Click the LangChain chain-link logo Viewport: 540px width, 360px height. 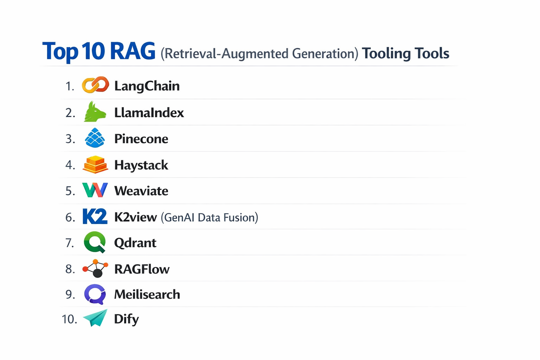[95, 85]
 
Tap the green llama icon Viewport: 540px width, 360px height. [95, 112]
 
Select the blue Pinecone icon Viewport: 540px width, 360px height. [95, 138]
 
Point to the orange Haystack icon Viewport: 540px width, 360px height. [95, 165]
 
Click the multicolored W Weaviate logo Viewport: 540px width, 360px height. [95, 190]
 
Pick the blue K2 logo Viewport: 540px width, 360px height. [95, 217]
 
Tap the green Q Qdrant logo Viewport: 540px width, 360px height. [95, 242]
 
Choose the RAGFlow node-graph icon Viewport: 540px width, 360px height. [95, 269]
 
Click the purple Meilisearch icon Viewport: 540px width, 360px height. [95, 294]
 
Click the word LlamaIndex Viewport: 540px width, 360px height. [149, 113]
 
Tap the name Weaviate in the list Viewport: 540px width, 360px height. [141, 191]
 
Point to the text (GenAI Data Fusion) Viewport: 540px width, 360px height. [210, 217]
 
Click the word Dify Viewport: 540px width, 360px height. [126, 319]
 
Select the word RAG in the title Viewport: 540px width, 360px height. [132, 51]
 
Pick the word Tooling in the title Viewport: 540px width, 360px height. [386, 53]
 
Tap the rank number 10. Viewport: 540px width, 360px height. [69, 319]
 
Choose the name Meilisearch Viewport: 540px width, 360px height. [147, 294]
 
